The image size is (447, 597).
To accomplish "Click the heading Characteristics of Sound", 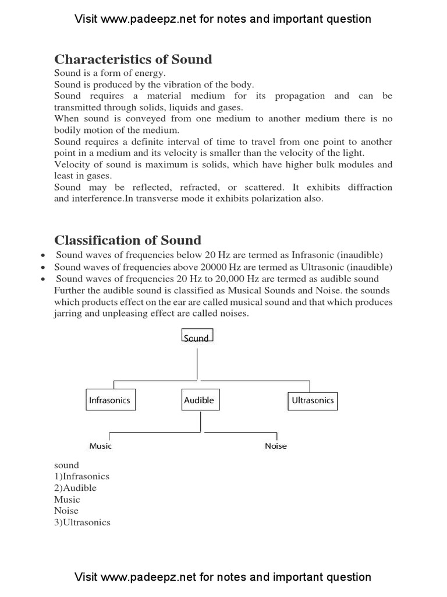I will tap(133, 59).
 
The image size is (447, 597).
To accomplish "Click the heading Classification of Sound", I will tap(127, 240).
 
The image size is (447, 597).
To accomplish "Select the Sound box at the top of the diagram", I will tap(197, 336).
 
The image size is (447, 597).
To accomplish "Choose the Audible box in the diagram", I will tap(199, 401).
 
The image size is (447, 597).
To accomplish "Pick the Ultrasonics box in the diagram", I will tap(313, 401).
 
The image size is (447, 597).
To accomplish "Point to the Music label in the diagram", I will tap(100, 446).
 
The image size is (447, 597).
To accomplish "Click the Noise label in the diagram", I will tap(276, 446).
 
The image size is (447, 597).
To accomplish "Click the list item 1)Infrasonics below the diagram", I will tap(81, 476).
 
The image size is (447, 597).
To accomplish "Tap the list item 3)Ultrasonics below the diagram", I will tap(82, 522).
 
